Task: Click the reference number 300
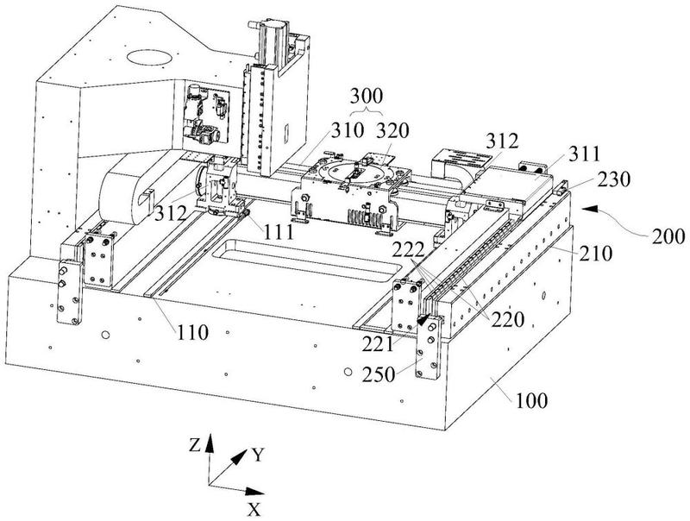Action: [366, 96]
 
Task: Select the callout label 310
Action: [348, 130]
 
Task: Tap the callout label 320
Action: [392, 130]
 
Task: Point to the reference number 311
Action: [584, 154]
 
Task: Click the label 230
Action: [614, 179]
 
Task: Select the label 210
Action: [595, 254]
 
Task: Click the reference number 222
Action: [408, 250]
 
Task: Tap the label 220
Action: [508, 320]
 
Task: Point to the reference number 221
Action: [378, 344]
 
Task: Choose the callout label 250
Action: [379, 374]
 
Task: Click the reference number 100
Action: [531, 400]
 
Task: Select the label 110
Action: [192, 333]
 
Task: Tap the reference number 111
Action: [279, 232]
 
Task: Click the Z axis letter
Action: [195, 446]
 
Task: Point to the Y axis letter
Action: [258, 455]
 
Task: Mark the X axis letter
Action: [254, 510]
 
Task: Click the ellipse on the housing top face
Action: [148, 57]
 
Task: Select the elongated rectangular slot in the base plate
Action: [307, 262]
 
